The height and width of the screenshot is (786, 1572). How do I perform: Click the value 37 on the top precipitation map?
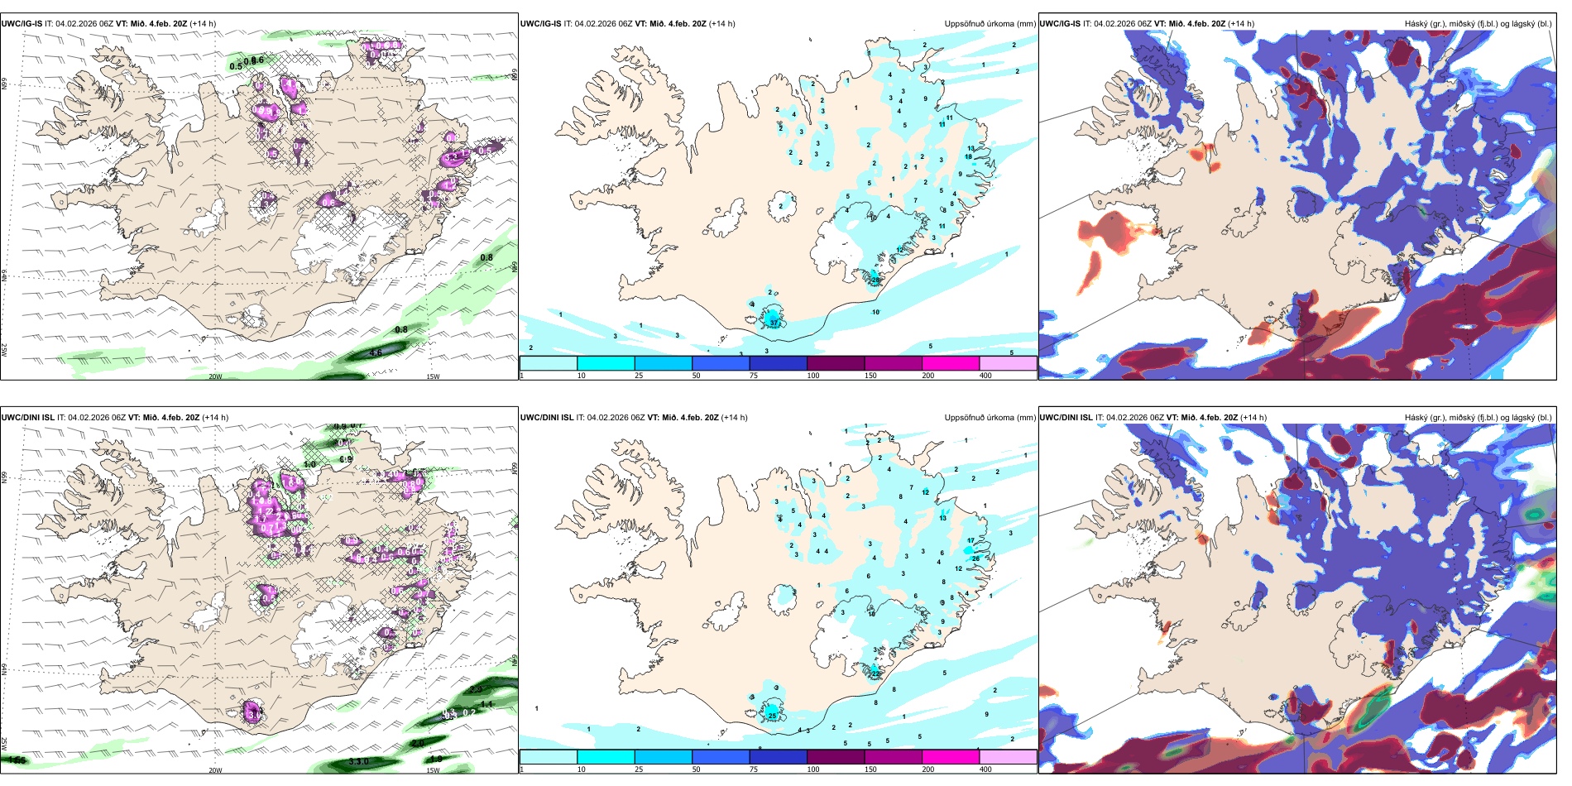(x=774, y=323)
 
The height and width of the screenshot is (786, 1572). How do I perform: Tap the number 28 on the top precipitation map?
(x=875, y=280)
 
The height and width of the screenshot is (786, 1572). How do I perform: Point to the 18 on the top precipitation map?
(x=968, y=156)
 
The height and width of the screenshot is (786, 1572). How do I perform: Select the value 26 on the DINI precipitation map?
(x=976, y=558)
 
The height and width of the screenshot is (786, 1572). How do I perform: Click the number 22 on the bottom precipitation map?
(x=875, y=674)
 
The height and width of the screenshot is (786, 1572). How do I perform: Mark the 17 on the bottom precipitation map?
(x=971, y=540)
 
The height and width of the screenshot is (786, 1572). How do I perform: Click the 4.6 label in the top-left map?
(x=376, y=353)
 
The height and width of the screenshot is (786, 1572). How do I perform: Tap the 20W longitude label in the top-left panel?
(x=215, y=376)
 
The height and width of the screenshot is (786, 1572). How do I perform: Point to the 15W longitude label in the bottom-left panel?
(x=433, y=770)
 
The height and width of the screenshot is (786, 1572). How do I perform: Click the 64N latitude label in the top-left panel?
(x=4, y=276)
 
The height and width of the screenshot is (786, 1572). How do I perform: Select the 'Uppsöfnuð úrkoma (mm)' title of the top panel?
(x=990, y=24)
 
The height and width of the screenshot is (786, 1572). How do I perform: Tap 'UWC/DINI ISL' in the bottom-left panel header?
(x=27, y=418)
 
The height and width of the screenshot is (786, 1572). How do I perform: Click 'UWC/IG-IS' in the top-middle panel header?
(x=540, y=24)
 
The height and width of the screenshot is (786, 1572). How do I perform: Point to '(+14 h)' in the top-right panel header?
(x=1241, y=24)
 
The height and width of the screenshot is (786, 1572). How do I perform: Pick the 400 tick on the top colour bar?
(x=985, y=376)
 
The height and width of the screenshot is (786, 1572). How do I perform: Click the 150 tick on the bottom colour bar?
(x=870, y=769)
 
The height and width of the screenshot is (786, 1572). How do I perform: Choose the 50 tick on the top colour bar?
(x=696, y=376)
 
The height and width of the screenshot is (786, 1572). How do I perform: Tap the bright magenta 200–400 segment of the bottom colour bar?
(x=951, y=757)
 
